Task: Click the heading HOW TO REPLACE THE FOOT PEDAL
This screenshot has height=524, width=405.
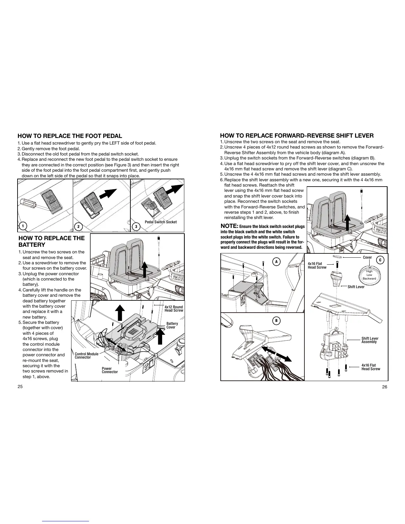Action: pyautogui.click(x=70, y=136)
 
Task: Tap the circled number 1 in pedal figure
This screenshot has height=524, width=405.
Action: pyautogui.click(x=22, y=226)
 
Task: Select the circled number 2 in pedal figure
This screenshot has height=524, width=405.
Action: pyautogui.click(x=78, y=226)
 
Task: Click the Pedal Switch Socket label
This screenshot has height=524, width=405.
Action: pyautogui.click(x=161, y=222)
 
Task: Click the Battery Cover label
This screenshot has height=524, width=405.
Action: pyautogui.click(x=172, y=325)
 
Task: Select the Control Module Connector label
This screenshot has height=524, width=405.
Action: pyautogui.click(x=86, y=356)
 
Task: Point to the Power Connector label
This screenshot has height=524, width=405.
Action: pyautogui.click(x=110, y=370)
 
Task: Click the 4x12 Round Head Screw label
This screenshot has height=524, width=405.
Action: pyautogui.click(x=174, y=309)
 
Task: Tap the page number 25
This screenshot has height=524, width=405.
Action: pyautogui.click(x=20, y=387)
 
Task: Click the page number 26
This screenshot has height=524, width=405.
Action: pyautogui.click(x=384, y=387)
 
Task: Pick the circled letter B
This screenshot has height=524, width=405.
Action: pyautogui.click(x=276, y=321)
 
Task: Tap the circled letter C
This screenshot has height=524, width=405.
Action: pyautogui.click(x=380, y=260)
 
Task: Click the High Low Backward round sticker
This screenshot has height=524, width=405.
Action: pyautogui.click(x=369, y=275)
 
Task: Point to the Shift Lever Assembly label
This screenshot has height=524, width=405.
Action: pyautogui.click(x=370, y=340)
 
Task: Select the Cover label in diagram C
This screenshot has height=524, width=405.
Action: pyautogui.click(x=367, y=257)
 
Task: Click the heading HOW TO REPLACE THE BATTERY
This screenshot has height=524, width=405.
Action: pyautogui.click(x=52, y=241)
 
